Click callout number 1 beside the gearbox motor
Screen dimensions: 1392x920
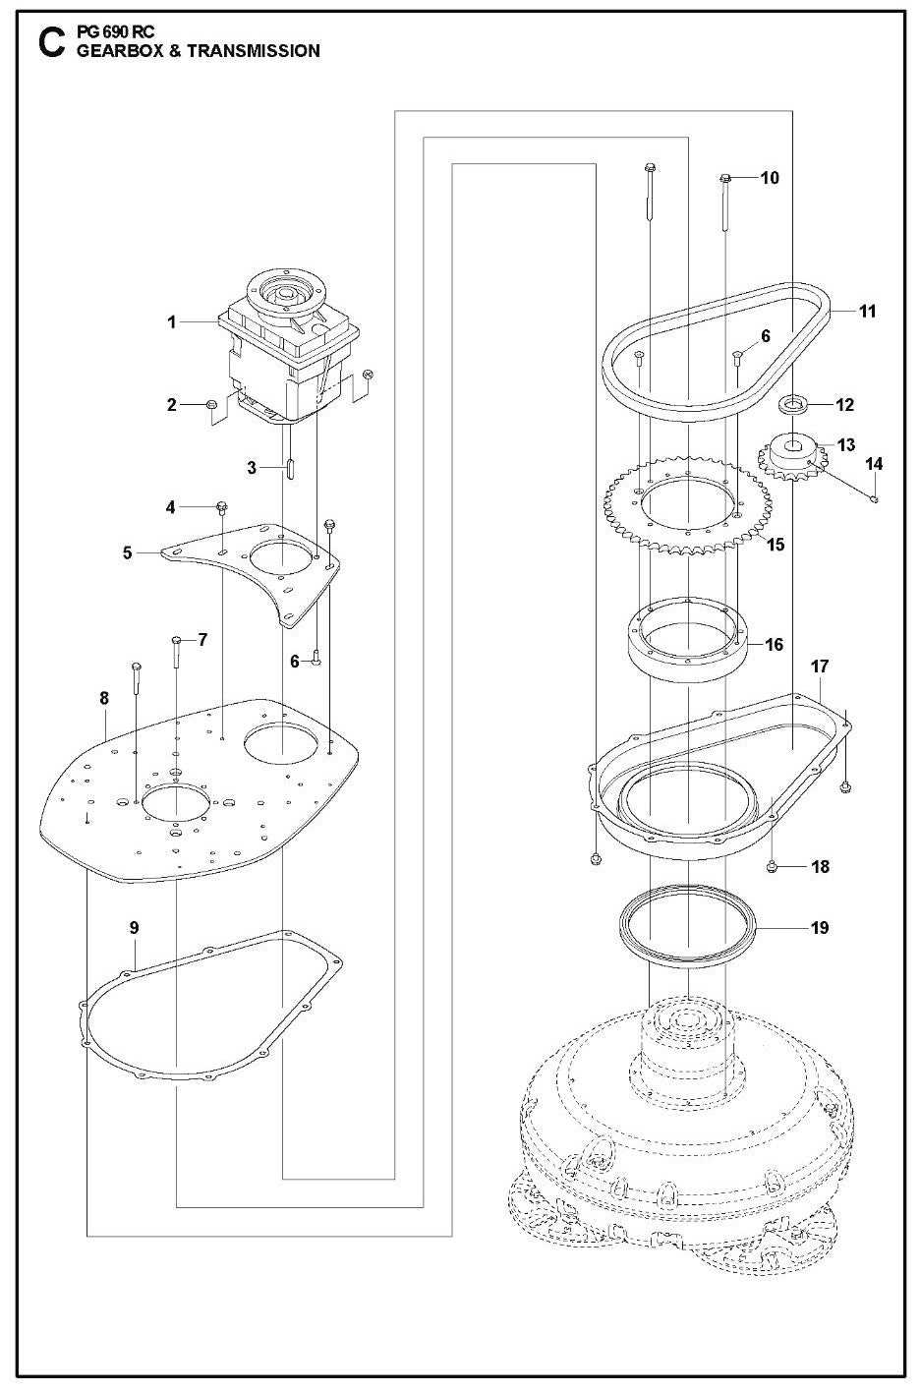click(x=172, y=321)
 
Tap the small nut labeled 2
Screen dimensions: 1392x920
click(x=210, y=405)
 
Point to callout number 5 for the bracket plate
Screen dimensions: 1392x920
click(x=128, y=552)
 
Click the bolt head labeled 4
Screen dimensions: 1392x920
click(x=222, y=507)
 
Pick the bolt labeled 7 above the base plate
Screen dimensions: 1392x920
click(x=177, y=642)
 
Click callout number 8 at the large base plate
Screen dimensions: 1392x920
click(x=104, y=697)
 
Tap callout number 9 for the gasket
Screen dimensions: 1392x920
click(x=135, y=927)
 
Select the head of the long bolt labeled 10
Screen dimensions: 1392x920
click(x=725, y=178)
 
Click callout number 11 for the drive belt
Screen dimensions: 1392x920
click(x=867, y=312)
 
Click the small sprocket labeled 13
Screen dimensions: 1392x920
click(x=790, y=450)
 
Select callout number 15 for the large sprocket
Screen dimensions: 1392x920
click(x=776, y=544)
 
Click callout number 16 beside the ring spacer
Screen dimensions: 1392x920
click(x=775, y=645)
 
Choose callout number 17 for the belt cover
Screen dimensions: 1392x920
click(x=820, y=667)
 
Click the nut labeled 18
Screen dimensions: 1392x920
click(x=774, y=867)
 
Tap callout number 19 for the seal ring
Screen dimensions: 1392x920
click(x=820, y=927)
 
